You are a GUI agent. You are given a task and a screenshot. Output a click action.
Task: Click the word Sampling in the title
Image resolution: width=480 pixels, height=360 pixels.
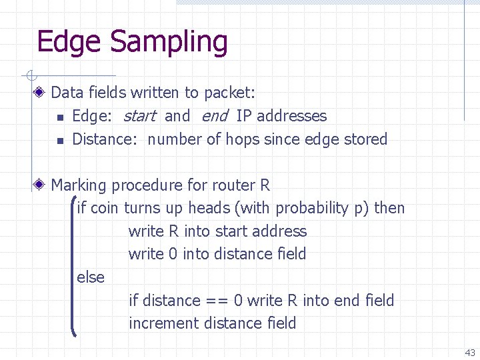(169, 41)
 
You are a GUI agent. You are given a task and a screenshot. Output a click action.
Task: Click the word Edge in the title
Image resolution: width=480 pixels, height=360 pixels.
(70, 41)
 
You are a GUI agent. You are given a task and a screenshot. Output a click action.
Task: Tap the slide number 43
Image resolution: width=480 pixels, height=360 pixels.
(470, 353)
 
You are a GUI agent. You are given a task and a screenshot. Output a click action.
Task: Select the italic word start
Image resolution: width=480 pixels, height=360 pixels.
(139, 116)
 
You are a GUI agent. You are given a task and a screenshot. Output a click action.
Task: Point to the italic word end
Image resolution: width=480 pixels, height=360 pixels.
(214, 116)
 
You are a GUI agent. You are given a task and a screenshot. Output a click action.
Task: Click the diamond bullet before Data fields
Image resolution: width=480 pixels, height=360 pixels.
(41, 93)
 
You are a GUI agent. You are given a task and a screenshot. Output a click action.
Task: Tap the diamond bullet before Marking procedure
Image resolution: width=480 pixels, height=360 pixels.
(41, 185)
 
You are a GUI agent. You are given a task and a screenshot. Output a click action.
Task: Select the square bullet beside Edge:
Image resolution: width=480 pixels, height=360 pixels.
(60, 117)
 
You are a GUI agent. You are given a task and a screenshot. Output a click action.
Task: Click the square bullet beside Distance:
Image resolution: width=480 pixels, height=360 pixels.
(60, 141)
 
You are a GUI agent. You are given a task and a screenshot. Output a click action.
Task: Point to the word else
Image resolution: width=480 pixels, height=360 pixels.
(91, 277)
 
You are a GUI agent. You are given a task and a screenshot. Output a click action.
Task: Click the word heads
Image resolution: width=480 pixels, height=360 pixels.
(209, 208)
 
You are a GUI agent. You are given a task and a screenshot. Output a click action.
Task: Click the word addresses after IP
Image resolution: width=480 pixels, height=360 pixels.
(292, 116)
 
